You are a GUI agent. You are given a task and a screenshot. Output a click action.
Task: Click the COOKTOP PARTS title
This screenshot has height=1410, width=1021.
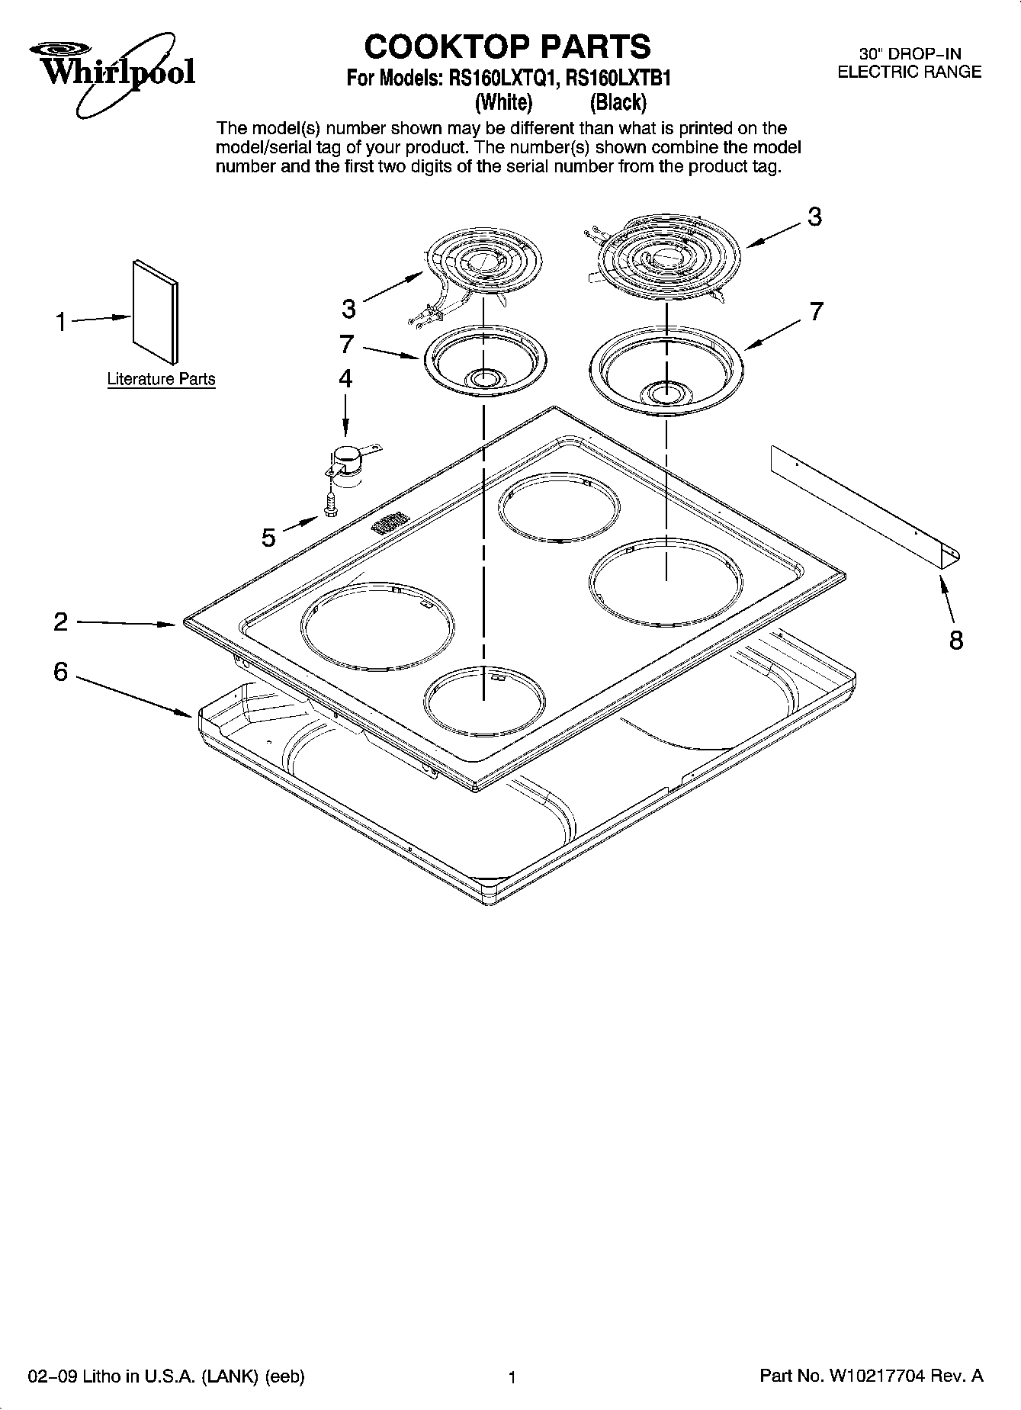click(x=507, y=47)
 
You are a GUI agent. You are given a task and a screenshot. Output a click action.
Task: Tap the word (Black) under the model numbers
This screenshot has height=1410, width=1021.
click(x=618, y=101)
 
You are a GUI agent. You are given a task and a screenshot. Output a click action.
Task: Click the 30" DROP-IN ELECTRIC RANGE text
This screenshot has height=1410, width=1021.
click(x=909, y=63)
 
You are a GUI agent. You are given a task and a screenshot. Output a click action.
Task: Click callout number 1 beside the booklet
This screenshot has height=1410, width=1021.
click(x=61, y=322)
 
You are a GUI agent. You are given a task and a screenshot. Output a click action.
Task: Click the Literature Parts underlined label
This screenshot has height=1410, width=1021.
click(x=161, y=379)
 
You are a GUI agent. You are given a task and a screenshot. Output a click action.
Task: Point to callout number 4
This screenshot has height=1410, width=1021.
click(x=345, y=378)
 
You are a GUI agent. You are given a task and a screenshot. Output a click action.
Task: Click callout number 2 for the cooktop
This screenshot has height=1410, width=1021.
click(x=61, y=621)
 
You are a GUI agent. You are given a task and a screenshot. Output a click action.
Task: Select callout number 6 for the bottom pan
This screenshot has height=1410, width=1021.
click(x=61, y=673)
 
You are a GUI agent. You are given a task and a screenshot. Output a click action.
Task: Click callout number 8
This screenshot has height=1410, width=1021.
click(x=955, y=640)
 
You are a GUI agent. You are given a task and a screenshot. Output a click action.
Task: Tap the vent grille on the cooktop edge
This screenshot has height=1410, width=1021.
click(x=390, y=523)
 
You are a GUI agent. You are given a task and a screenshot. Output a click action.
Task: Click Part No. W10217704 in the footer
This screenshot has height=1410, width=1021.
click(x=871, y=1376)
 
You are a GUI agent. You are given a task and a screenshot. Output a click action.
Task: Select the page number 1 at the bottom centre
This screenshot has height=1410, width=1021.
click(x=512, y=1377)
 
